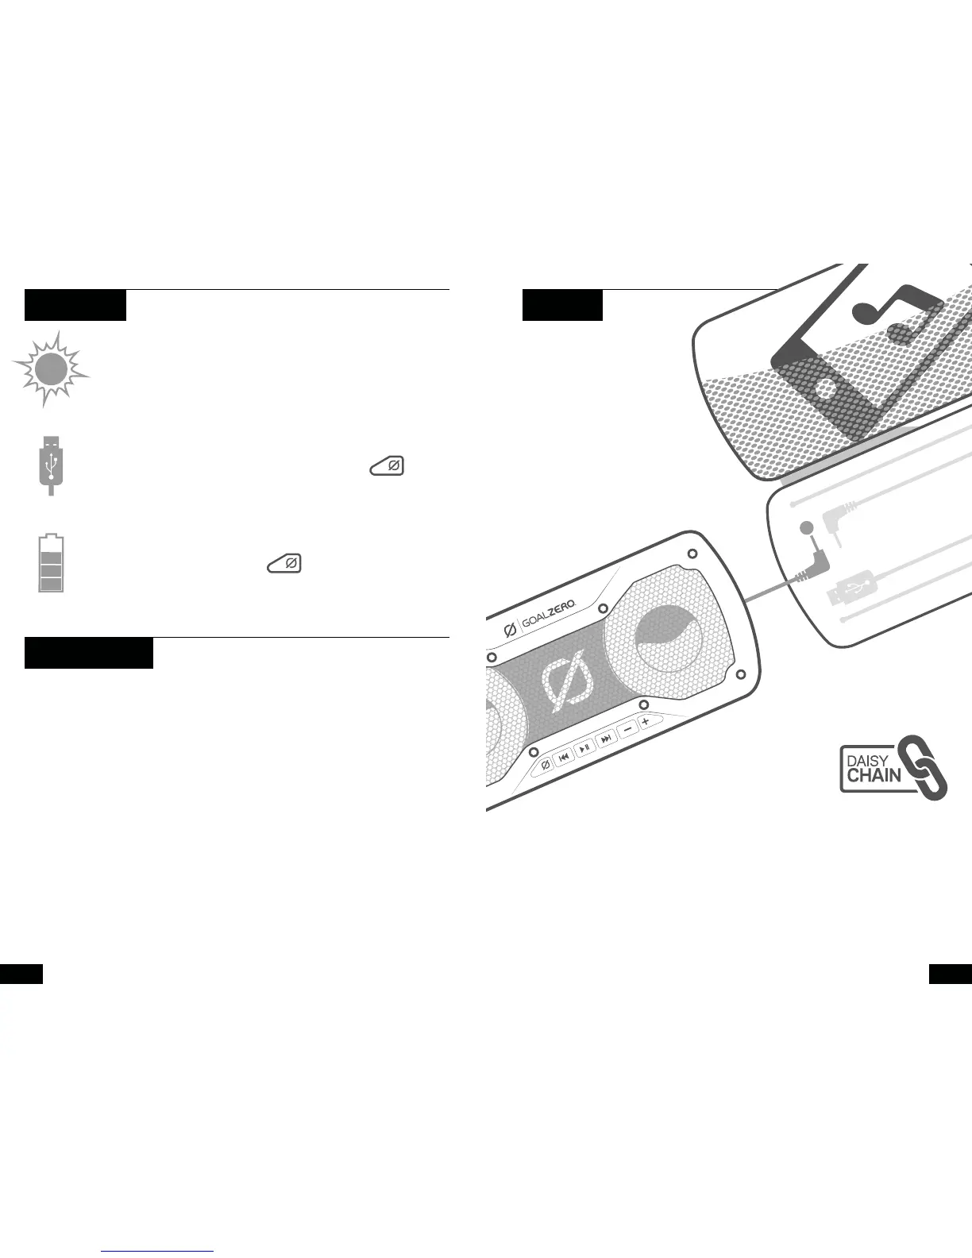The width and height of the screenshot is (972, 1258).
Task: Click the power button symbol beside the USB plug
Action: (x=387, y=466)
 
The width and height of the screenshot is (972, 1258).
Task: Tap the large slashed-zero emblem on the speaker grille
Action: (x=567, y=679)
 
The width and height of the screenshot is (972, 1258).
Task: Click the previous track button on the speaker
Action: (x=564, y=756)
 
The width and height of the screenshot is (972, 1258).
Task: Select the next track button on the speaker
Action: (x=606, y=739)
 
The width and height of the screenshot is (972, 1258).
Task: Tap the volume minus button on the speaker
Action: (x=627, y=730)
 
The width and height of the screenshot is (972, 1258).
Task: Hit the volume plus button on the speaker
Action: (x=646, y=721)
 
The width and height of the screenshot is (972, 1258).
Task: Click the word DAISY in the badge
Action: (x=867, y=760)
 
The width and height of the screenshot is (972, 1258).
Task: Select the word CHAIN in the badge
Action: (x=874, y=775)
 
